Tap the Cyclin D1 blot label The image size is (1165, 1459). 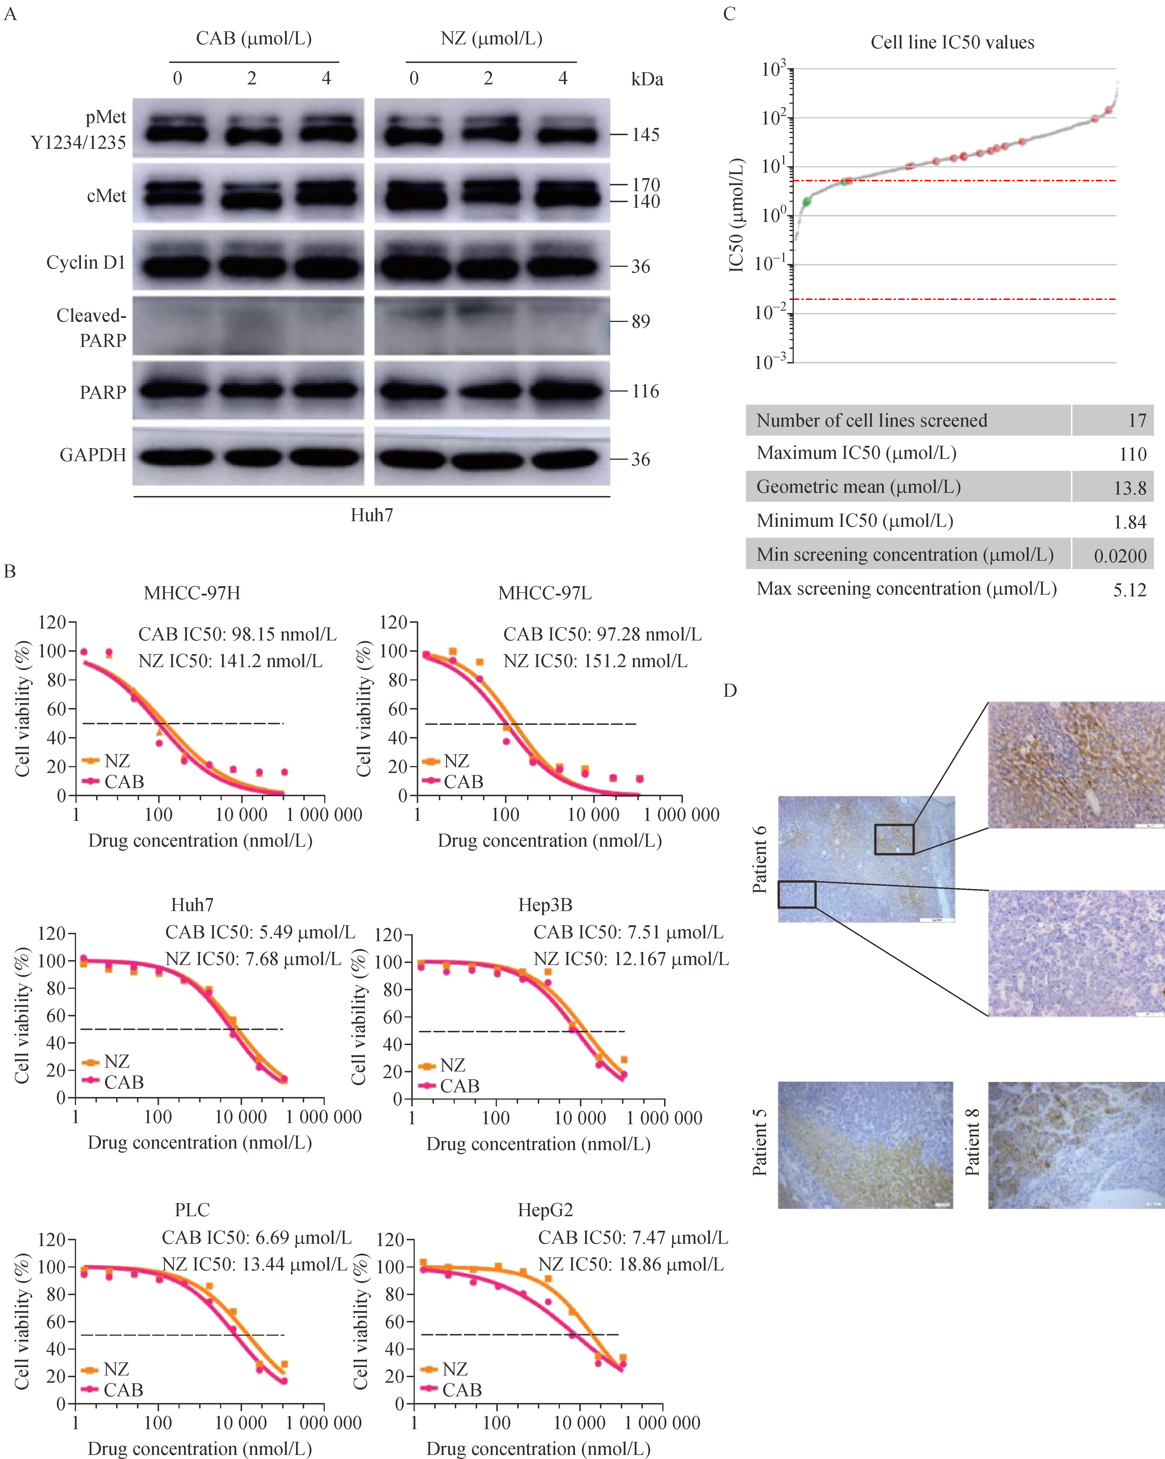click(86, 263)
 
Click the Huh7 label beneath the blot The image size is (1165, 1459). click(371, 516)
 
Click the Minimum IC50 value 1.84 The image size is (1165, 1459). click(1130, 522)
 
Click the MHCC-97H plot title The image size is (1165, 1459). click(192, 593)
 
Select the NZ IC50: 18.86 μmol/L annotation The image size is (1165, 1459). click(631, 1264)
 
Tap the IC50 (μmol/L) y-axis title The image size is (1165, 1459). click(737, 215)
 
